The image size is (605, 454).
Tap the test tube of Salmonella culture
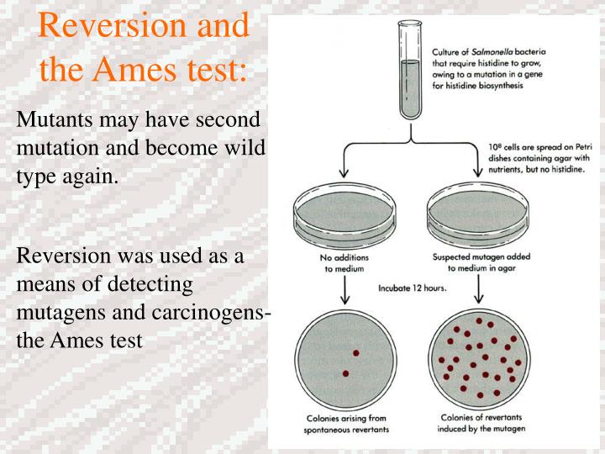[410, 70]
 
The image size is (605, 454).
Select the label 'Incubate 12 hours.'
[412, 288]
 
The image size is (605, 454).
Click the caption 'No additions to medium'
[345, 263]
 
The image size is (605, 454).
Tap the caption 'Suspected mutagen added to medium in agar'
[481, 262]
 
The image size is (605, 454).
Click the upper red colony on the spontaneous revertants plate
[356, 353]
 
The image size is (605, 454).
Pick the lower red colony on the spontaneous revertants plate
[345, 373]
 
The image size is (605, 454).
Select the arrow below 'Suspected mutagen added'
[479, 288]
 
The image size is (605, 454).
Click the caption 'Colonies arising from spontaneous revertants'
[346, 424]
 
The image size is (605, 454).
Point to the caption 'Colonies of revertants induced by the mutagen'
[481, 423]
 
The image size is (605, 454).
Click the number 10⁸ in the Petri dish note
[495, 147]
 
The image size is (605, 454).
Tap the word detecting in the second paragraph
[150, 285]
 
